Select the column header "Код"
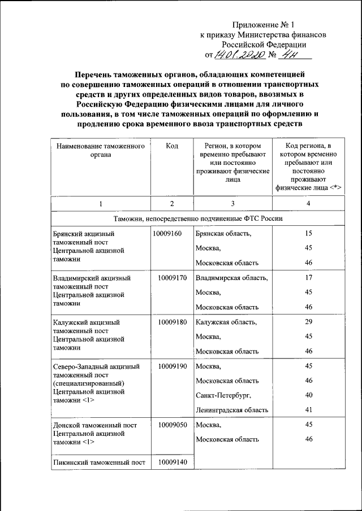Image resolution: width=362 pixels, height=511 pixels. click(173, 146)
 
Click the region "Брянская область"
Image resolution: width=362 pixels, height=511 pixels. click(223, 233)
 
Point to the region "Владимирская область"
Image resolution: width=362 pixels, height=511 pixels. click(231, 278)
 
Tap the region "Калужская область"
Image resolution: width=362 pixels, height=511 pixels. click(226, 322)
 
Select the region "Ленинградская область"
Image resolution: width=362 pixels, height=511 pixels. click(232, 410)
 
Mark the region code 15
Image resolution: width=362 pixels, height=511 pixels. click(308, 233)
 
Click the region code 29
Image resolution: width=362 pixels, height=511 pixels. click(308, 322)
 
